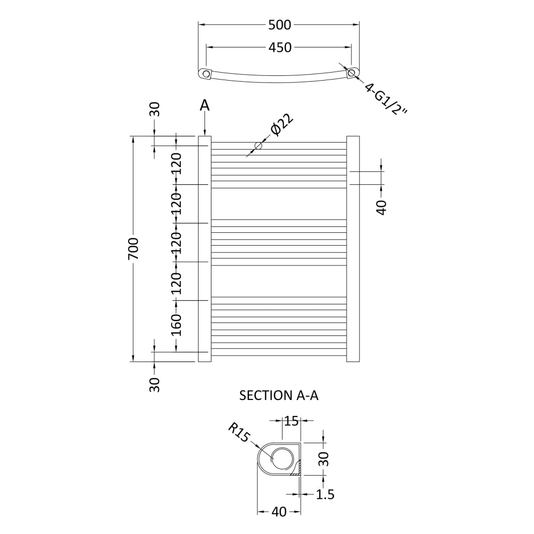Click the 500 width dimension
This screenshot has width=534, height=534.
coord(280,25)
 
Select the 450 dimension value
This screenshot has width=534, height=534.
coord(280,48)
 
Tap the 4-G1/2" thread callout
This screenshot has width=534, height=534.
coord(386,98)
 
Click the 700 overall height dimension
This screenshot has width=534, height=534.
coord(133,249)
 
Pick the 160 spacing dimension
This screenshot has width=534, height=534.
coord(176,325)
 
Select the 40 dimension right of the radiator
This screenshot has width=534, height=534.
coord(382,208)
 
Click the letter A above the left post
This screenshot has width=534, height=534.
coord(205,106)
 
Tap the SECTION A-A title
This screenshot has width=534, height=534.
coord(279,395)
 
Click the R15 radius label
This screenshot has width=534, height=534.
coord(239,433)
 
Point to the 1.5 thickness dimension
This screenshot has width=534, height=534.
coord(325,494)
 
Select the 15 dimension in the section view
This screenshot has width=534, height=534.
coord(291,421)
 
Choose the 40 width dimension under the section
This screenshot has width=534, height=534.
coord(279,512)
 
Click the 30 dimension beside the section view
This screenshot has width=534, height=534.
coord(324,459)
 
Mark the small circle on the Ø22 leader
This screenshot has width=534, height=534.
coord(258,146)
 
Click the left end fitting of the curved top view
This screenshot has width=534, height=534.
coord(206,74)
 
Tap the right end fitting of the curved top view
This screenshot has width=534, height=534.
coord(352,73)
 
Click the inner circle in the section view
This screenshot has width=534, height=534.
coord(281,458)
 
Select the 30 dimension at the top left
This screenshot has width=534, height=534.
coord(155,109)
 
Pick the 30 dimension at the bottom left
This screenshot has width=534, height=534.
coord(155,385)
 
